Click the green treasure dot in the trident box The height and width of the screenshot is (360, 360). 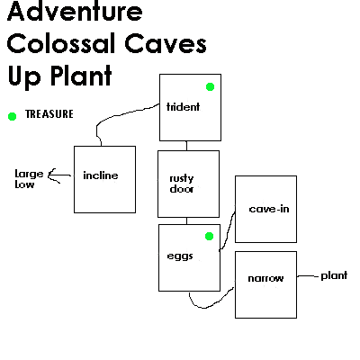(x=210, y=87)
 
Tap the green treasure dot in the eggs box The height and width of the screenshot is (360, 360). (x=209, y=237)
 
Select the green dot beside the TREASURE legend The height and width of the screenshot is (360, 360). (x=12, y=116)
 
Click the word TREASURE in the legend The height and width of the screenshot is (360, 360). (x=49, y=114)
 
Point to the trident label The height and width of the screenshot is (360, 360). (x=183, y=107)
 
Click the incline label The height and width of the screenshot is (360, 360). (x=101, y=175)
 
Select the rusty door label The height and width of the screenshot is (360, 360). (x=182, y=184)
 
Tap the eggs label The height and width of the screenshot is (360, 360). (x=180, y=256)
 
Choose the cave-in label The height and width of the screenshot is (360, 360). (x=269, y=209)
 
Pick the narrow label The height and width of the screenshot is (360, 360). (x=265, y=279)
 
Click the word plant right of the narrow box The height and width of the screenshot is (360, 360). (x=334, y=275)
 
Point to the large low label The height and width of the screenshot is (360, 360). (x=29, y=179)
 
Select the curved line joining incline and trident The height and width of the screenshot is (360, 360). (x=120, y=115)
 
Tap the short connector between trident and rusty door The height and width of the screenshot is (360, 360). (x=186, y=146)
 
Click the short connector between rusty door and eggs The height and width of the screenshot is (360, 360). (x=186, y=220)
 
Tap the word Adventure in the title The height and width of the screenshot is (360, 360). (x=75, y=11)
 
